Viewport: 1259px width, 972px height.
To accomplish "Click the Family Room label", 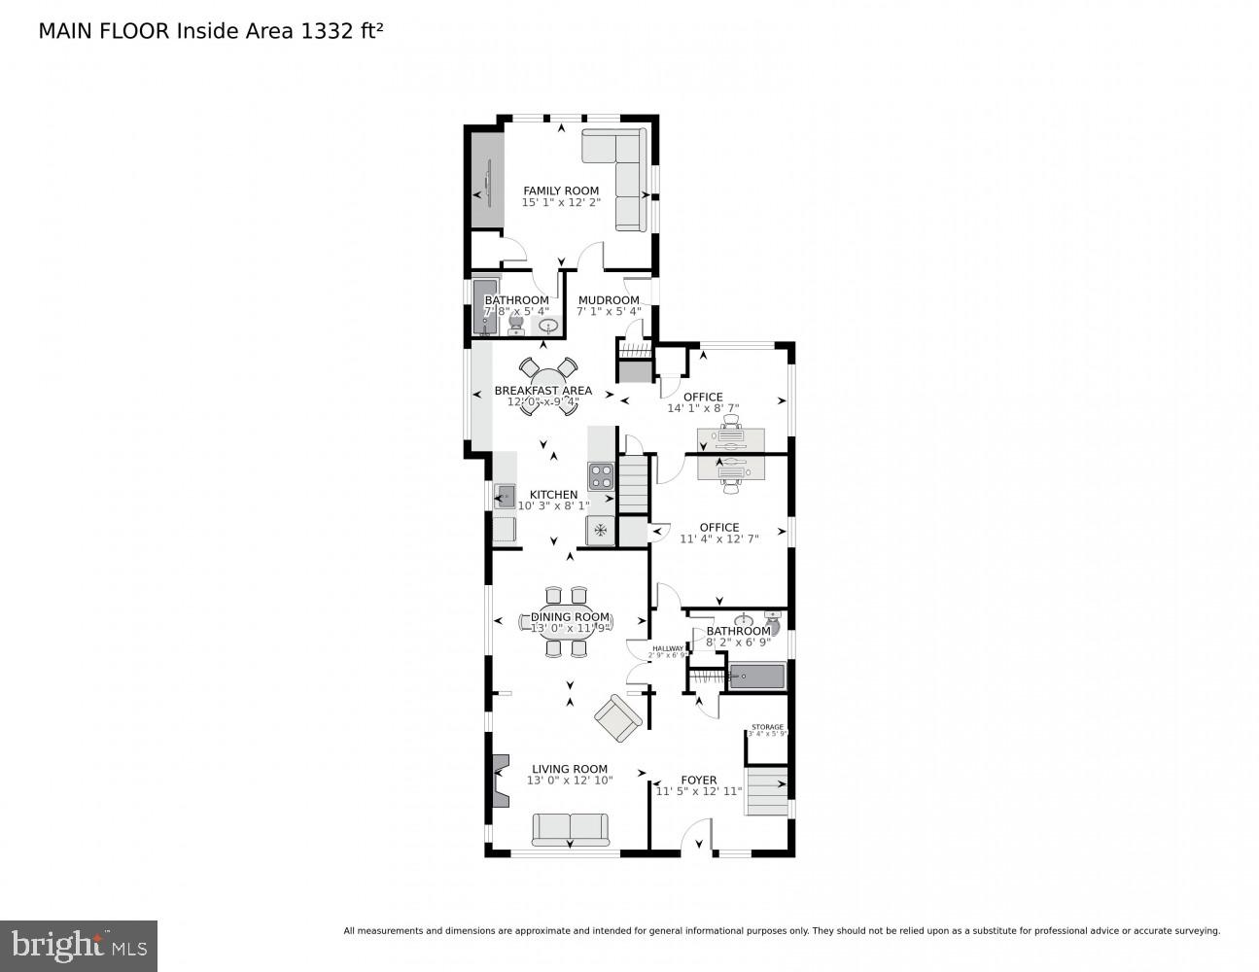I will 561,191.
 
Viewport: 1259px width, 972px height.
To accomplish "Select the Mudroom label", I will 609,300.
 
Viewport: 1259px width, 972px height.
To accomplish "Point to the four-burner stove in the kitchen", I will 600,475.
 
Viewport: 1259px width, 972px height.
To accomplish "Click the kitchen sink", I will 505,496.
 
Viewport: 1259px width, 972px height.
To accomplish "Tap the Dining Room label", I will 570,616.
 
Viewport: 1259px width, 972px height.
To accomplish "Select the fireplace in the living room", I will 500,781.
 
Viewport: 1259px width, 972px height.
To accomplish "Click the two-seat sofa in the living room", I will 570,828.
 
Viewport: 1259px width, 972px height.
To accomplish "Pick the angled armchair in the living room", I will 618,719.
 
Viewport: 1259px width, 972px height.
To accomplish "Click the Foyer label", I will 698,780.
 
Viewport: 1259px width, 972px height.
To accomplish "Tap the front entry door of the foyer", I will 696,842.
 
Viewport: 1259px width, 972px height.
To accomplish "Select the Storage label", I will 766,726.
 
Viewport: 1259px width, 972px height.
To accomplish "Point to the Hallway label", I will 667,648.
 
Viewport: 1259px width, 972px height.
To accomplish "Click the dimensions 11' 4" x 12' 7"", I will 719,538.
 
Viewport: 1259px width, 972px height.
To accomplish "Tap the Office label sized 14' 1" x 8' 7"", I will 703,397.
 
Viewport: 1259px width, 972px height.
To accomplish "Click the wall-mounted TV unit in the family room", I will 483,181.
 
